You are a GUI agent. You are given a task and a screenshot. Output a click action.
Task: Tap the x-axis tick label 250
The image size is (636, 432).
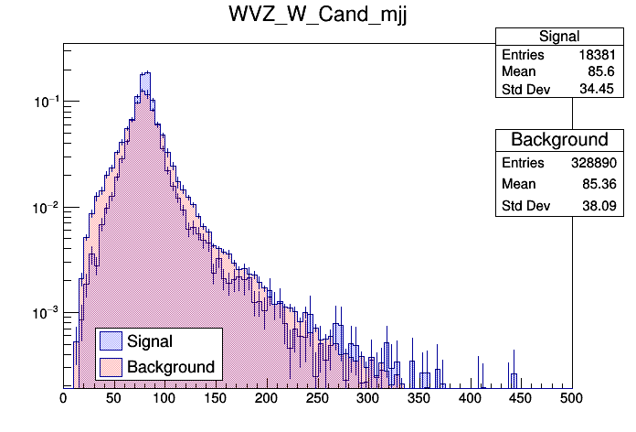pos(317,398)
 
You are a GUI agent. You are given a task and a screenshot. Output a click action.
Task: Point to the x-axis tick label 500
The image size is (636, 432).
pos(571,398)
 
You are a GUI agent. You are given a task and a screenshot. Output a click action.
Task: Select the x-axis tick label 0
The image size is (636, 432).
pos(63,398)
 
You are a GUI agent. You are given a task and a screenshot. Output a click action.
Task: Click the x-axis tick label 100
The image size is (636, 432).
pos(164,398)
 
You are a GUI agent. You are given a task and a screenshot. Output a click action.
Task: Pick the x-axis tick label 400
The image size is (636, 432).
pos(470,398)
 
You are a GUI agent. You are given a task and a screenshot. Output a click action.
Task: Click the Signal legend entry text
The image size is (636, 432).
pos(150,341)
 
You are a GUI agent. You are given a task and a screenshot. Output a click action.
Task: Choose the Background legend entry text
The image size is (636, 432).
pos(171,367)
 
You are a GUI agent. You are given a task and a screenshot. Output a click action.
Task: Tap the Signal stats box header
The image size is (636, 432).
pos(558,37)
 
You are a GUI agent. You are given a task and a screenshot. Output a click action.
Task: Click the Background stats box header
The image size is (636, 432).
pos(558,140)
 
